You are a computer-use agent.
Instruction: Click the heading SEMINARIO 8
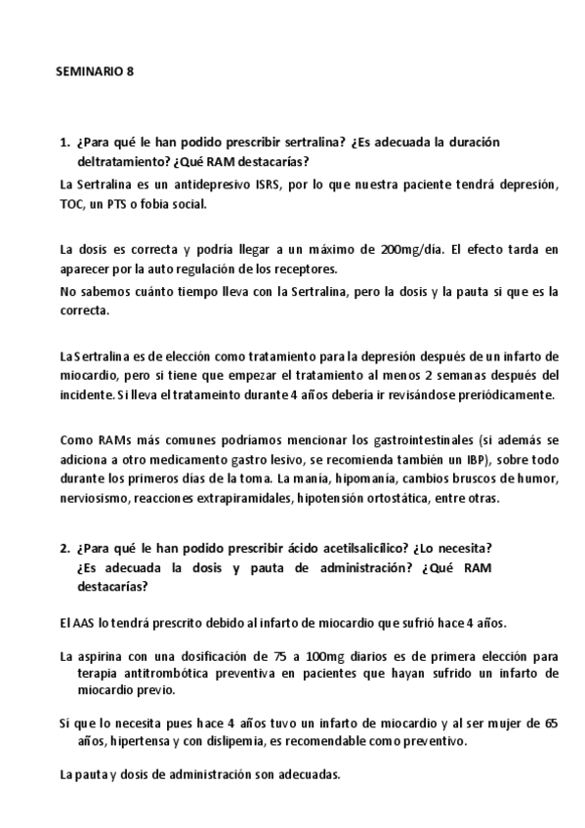pos(94,73)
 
